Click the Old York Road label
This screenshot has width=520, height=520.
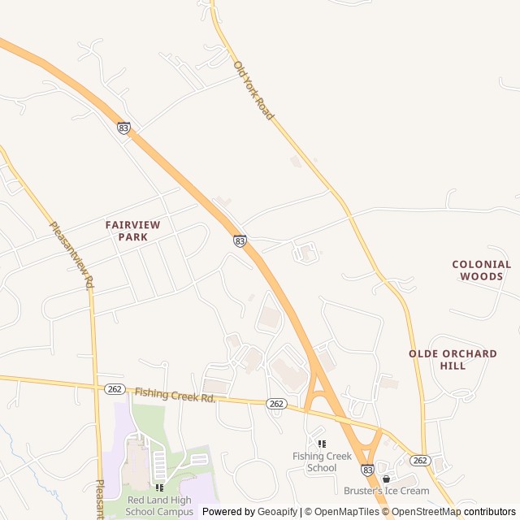254,91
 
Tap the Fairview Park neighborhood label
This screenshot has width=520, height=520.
132,230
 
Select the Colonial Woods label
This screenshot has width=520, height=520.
482,270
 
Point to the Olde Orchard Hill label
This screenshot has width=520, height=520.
453,359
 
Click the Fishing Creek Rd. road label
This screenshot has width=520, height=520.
175,396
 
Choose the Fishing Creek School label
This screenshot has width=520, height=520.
323,461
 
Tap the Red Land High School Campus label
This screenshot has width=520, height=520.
160,505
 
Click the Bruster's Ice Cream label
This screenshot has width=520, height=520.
386,491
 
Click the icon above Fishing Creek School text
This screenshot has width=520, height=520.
323,444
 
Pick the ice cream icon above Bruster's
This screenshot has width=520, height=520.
386,479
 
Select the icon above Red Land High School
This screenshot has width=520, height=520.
159,487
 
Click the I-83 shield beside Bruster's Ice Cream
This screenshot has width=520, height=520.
367,470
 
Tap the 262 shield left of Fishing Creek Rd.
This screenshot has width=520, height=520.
114,389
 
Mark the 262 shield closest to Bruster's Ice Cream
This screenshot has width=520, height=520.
419,460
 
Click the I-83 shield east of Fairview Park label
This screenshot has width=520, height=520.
240,240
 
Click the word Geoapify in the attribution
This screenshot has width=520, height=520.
277,512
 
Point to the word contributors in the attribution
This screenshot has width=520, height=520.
490,512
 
